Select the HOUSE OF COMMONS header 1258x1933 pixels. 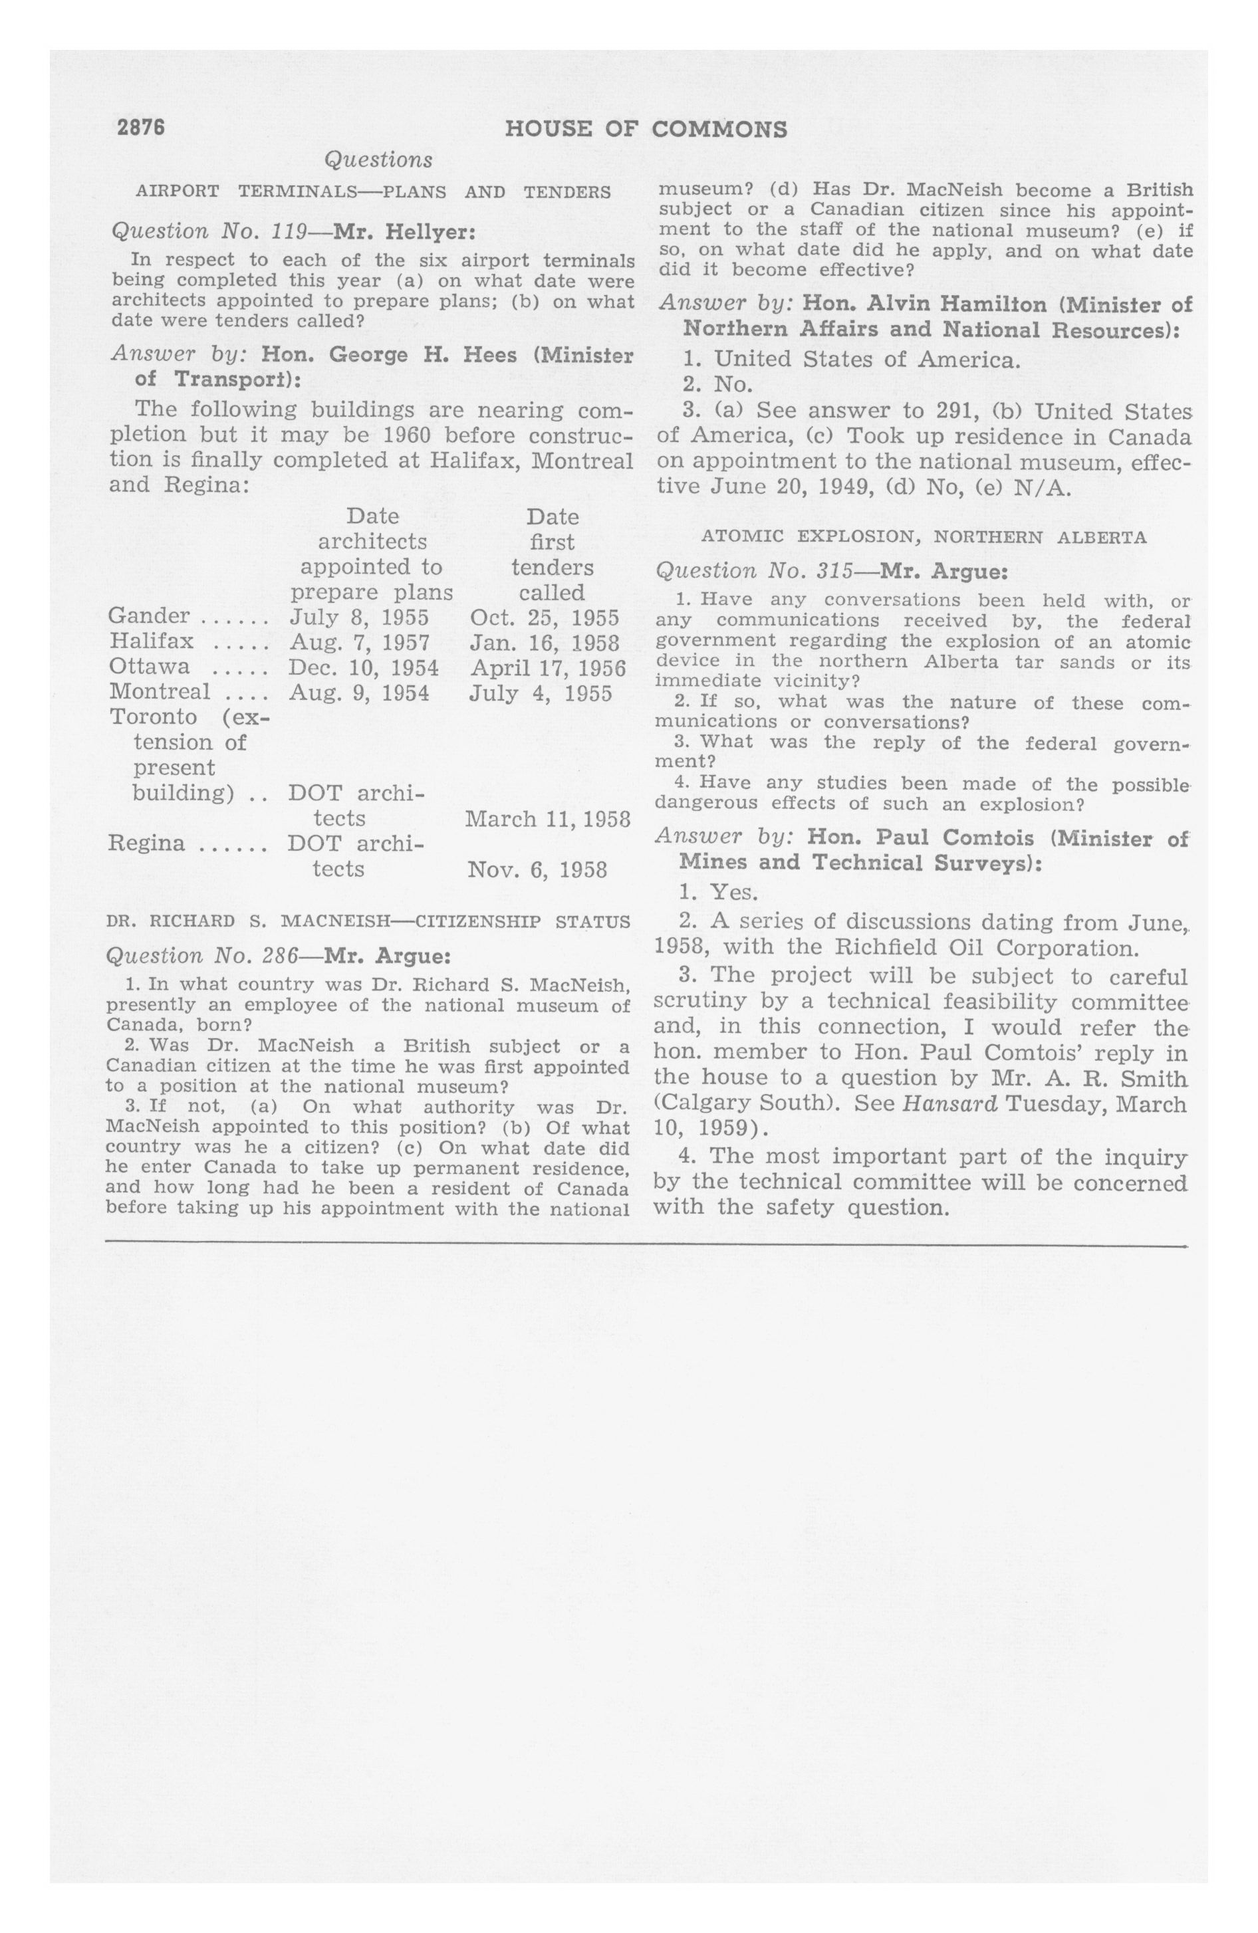[x=646, y=129]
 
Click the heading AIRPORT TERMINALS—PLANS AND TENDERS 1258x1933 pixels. [x=373, y=193]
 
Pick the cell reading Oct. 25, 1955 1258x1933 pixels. [x=545, y=618]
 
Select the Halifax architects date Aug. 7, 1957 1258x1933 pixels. [x=359, y=642]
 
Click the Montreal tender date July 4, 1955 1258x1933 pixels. [x=541, y=693]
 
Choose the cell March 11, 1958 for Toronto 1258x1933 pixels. [x=548, y=819]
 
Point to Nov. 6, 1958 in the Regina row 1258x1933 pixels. [x=537, y=870]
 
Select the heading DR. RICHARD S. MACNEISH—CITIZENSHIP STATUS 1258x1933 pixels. [x=368, y=921]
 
